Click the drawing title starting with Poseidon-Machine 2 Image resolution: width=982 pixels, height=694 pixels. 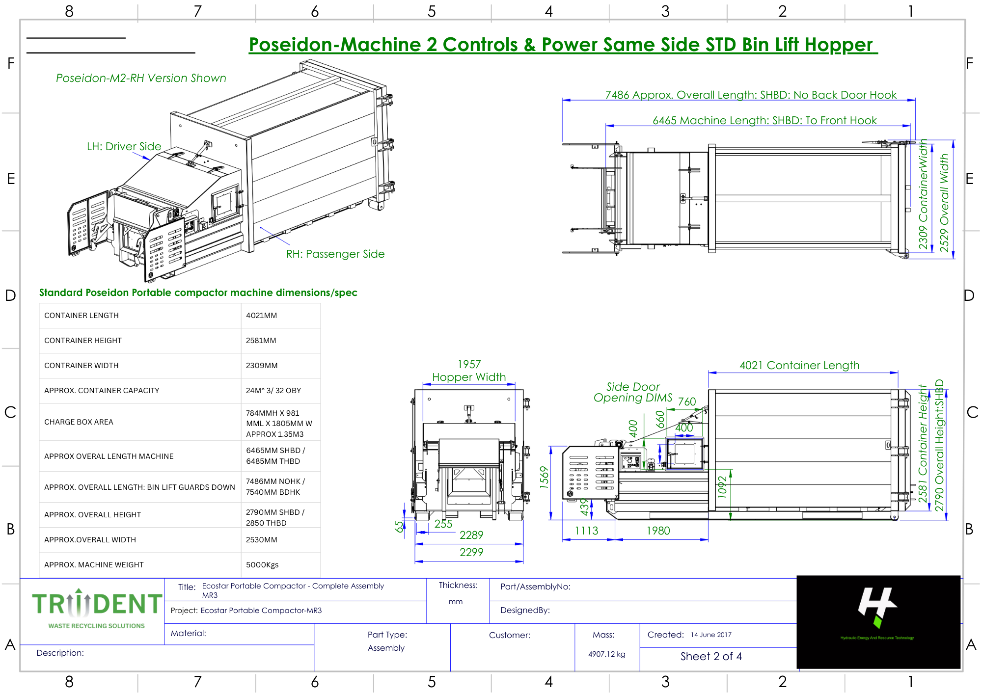563,45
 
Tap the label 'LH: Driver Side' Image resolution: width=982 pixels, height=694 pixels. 124,146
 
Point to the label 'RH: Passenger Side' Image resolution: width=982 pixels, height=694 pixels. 335,254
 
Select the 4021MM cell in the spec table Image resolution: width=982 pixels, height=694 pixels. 262,316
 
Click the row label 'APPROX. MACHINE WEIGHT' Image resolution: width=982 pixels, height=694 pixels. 94,565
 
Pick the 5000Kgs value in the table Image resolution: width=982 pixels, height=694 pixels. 262,565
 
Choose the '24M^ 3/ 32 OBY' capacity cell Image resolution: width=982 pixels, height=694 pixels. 273,391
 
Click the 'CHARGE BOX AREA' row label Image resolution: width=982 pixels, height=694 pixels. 79,422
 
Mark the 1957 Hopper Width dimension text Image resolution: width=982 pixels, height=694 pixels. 469,371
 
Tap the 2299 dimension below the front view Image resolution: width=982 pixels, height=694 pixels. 471,552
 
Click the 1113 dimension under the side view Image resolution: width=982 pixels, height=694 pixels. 587,531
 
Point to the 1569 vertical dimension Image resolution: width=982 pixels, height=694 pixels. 544,477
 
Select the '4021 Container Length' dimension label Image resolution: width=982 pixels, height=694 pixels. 799,365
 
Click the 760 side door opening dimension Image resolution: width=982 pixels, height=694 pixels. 687,401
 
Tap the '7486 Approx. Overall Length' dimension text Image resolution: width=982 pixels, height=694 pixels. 751,95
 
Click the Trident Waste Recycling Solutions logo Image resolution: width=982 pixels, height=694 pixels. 97,609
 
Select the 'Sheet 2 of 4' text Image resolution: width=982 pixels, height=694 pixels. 711,656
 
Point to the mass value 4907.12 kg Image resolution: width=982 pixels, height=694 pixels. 607,654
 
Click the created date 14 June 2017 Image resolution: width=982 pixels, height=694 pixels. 711,635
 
